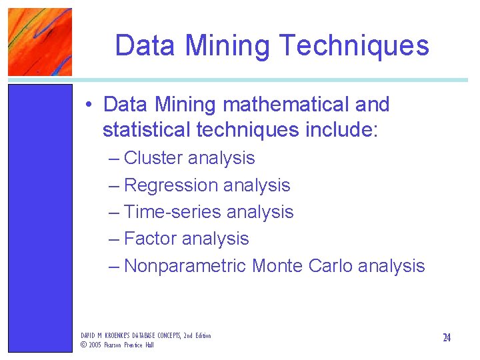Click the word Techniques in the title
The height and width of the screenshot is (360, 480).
[355, 46]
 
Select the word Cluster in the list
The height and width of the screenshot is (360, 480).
[153, 158]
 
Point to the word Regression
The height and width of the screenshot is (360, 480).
[171, 185]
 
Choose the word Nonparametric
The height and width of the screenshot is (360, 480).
[185, 266]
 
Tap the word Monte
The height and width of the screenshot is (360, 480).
[278, 266]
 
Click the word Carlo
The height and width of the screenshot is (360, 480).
[331, 266]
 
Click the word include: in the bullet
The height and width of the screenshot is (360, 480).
[341, 130]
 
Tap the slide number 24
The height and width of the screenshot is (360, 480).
[447, 338]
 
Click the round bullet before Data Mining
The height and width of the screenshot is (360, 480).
[89, 105]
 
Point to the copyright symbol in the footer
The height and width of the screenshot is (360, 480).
[83, 345]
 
